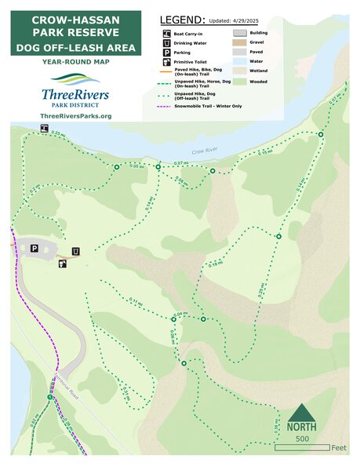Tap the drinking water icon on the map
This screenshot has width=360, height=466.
[x=75, y=251]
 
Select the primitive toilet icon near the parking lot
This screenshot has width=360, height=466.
[x=62, y=264]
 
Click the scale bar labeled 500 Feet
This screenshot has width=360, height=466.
[x=302, y=448]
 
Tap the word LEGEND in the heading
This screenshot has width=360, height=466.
[x=182, y=19]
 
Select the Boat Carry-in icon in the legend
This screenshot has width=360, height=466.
[x=167, y=34]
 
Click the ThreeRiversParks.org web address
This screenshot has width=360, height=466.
[x=75, y=115]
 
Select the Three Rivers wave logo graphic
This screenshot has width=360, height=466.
[x=75, y=79]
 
